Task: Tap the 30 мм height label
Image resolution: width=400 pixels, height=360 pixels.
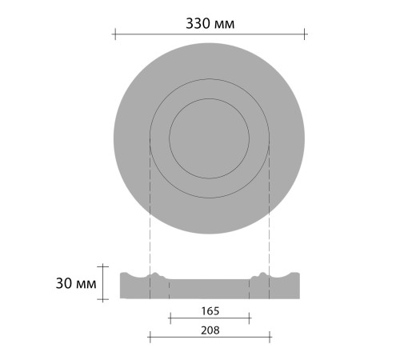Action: point(78,283)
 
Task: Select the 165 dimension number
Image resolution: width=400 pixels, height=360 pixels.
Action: point(210,309)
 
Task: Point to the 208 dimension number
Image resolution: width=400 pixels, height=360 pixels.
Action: point(210,329)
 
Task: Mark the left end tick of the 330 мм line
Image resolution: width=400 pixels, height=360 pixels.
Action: point(114,34)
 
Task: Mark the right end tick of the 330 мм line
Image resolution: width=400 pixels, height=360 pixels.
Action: point(305,34)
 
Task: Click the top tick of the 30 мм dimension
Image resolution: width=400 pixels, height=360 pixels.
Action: point(103,266)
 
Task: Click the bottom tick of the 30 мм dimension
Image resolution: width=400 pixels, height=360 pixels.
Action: point(103,300)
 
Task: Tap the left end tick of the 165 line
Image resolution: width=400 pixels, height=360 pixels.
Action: point(170,318)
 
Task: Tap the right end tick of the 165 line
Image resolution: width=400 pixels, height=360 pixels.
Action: point(250,318)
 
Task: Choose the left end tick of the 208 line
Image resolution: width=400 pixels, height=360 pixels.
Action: point(150,338)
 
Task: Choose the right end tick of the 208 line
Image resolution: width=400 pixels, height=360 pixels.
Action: point(270,338)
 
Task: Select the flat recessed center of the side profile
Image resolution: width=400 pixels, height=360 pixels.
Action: point(210,289)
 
